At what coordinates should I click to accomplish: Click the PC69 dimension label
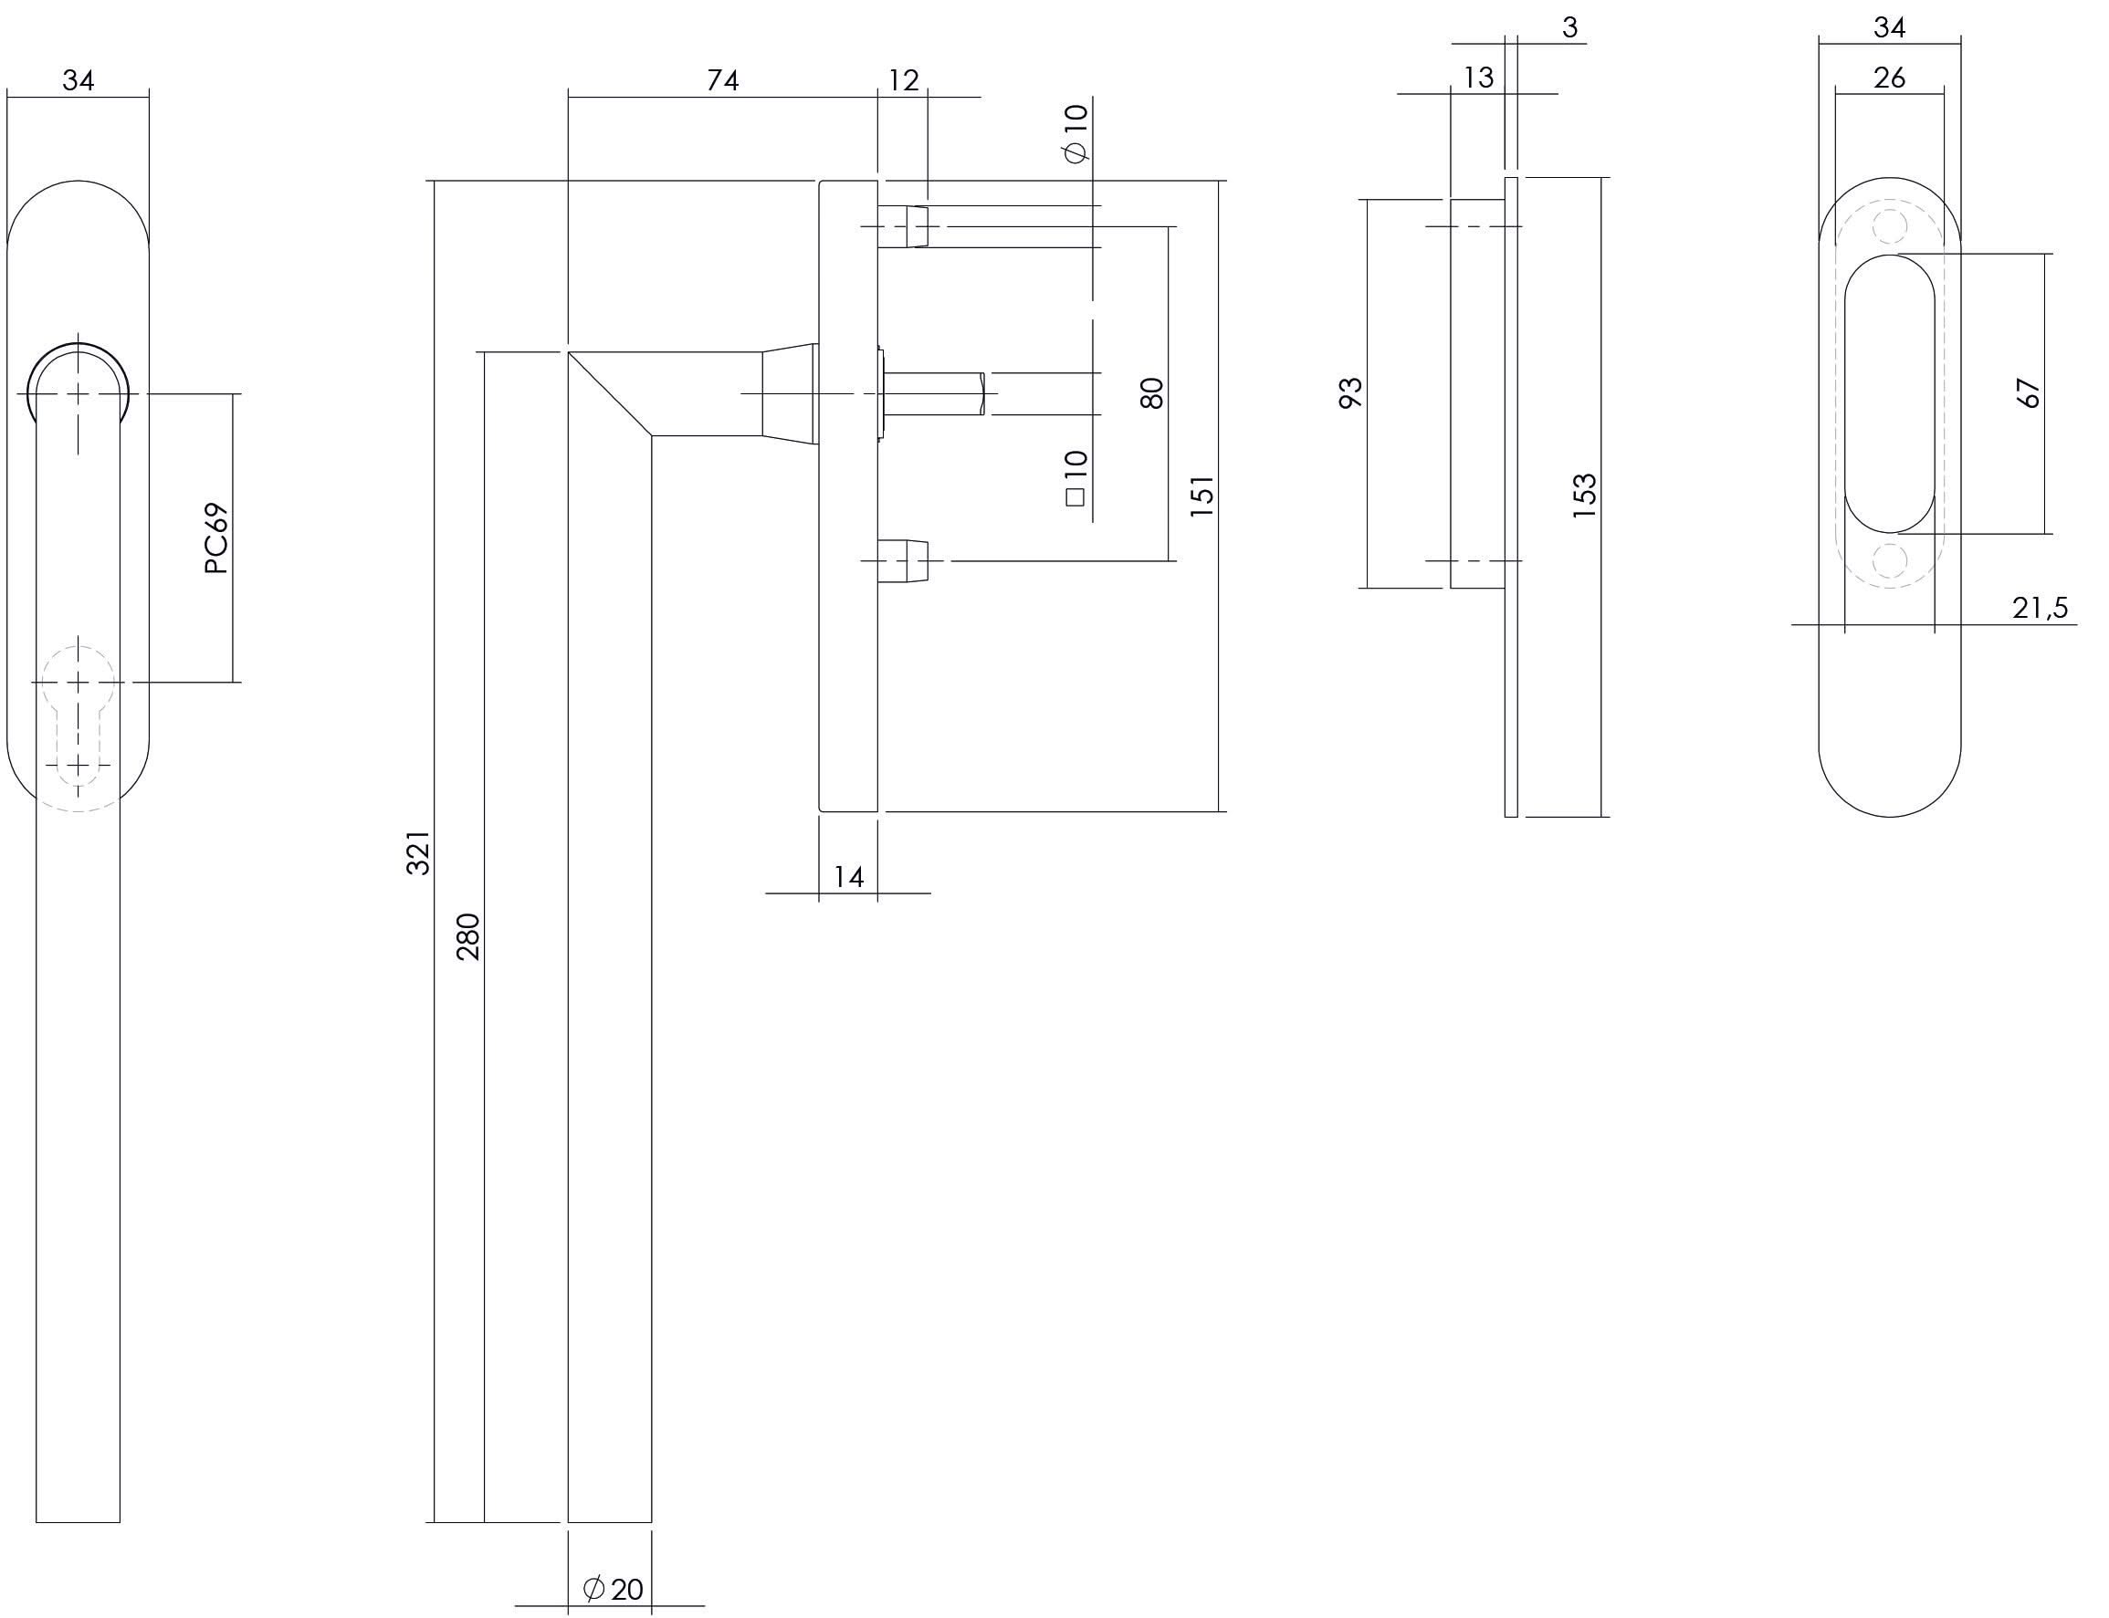tap(216, 538)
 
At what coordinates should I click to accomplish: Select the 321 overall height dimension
tap(417, 852)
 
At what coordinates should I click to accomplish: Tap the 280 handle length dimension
tap(467, 936)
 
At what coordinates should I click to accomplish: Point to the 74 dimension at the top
tap(721, 80)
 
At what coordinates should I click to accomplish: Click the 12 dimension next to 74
tap(903, 80)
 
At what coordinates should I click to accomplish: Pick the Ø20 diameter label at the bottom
tap(614, 1588)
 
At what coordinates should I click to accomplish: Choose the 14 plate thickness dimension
tap(848, 876)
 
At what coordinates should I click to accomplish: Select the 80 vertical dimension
tap(1151, 393)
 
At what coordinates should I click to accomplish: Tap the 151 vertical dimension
tap(1201, 496)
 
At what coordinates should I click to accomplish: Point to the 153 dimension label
tap(1584, 496)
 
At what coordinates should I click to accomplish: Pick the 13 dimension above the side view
tap(1478, 77)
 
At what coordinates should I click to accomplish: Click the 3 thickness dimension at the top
tap(1569, 28)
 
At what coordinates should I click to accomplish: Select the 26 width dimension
tap(1888, 77)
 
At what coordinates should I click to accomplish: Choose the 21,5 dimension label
tap(2040, 608)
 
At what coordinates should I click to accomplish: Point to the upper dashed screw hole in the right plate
tap(1888, 228)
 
